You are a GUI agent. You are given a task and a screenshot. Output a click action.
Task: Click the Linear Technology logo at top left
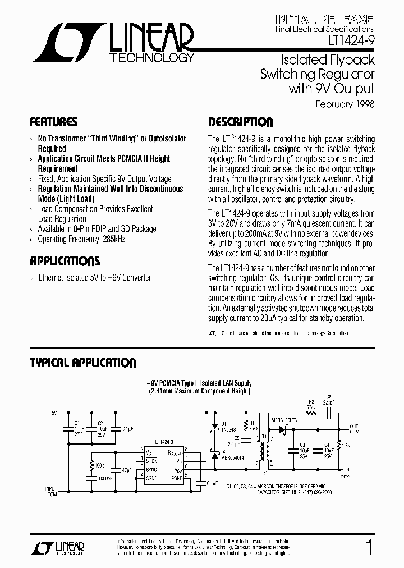tap(112, 42)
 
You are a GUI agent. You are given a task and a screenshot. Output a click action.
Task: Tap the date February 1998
tap(345, 104)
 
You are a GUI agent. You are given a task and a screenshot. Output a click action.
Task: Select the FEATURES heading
tap(53, 122)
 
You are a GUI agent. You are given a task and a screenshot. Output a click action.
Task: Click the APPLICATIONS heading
tap(65, 261)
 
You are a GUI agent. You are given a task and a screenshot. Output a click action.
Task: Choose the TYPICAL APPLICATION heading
tap(82, 363)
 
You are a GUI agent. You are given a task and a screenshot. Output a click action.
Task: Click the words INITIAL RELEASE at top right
tap(325, 18)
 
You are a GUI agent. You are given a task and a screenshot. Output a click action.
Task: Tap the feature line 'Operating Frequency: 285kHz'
tap(81, 239)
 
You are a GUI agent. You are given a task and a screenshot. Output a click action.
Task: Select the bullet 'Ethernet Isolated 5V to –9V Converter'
tap(94, 277)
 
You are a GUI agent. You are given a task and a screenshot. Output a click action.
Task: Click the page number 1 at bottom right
tap(369, 547)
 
